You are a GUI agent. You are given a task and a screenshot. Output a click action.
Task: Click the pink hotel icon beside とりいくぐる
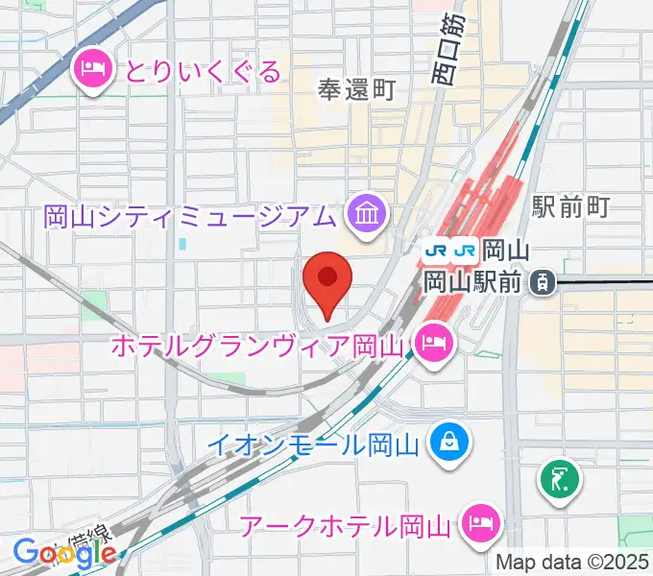pyautogui.click(x=91, y=68)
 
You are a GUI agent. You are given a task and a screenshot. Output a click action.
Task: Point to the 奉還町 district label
pyautogui.click(x=357, y=90)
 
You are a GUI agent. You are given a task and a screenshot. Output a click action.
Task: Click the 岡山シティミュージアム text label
pyautogui.click(x=189, y=213)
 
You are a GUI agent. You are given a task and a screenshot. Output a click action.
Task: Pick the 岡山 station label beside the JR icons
pyautogui.click(x=504, y=251)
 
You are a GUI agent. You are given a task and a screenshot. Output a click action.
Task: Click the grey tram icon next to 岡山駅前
pyautogui.click(x=543, y=282)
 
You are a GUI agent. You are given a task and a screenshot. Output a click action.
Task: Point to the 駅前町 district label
pyautogui.click(x=571, y=206)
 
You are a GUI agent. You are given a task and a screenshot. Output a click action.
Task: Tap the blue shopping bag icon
pyautogui.click(x=447, y=443)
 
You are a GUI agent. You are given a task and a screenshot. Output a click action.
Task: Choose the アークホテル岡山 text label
pyautogui.click(x=346, y=525)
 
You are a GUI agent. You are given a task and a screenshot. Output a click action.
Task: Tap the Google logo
pyautogui.click(x=64, y=553)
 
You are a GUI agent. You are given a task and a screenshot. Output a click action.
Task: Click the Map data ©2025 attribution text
pyautogui.click(x=573, y=562)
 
